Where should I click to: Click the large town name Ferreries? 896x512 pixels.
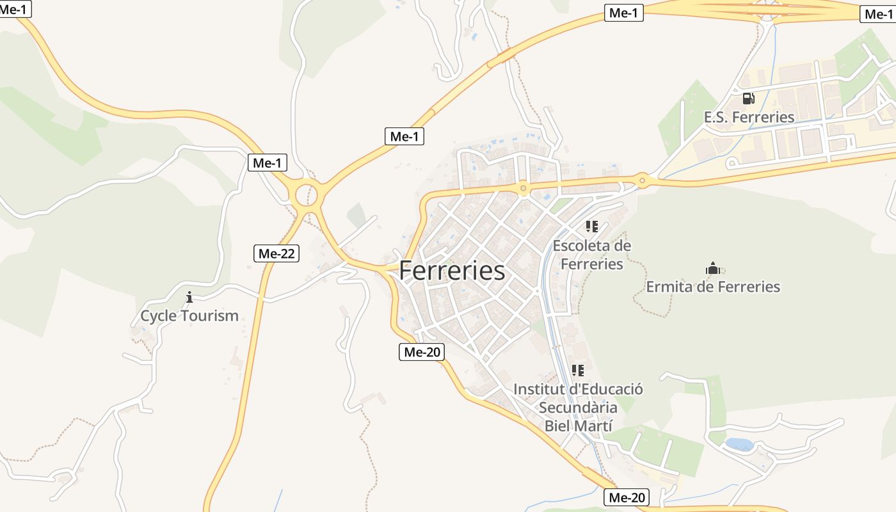tap(452, 271)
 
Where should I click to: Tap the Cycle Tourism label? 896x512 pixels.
tap(189, 316)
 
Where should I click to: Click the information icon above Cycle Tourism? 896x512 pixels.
tap(189, 297)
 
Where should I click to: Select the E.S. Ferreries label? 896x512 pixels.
tap(749, 117)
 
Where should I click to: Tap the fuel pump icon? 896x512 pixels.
tap(748, 99)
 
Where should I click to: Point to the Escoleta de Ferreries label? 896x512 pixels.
tap(591, 255)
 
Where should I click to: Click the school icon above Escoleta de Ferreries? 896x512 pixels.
tap(592, 227)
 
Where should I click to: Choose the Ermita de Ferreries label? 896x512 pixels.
tap(713, 286)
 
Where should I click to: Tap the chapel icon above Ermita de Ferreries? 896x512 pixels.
tap(713, 268)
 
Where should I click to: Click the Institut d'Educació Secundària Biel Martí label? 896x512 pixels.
tap(578, 407)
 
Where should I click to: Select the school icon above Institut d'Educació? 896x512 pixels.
tap(578, 371)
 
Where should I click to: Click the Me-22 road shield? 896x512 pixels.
tap(276, 253)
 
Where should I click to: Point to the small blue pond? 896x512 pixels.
tap(739, 444)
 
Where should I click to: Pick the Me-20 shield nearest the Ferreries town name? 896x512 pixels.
tap(421, 352)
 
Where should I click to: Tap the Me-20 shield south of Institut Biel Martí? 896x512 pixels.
tap(627, 497)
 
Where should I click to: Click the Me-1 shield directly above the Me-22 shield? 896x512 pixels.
tap(267, 163)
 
